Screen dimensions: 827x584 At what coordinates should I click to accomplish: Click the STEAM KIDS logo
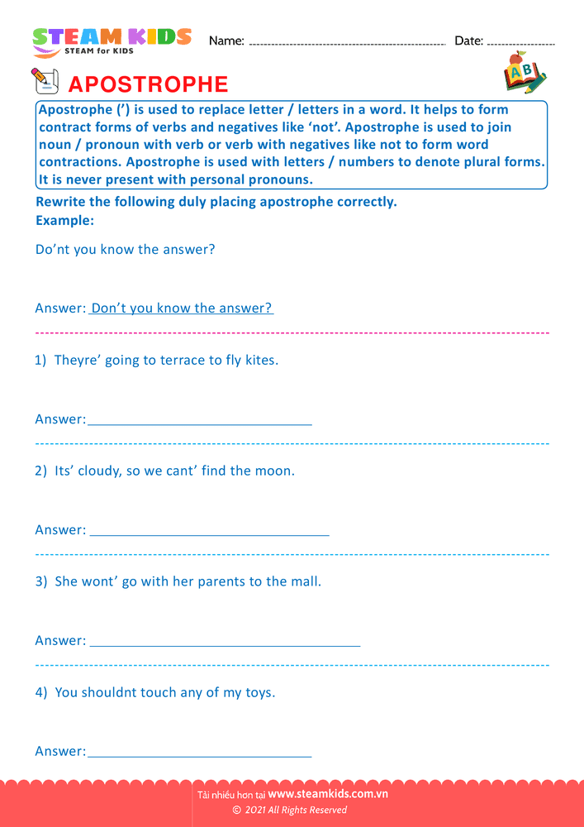111,41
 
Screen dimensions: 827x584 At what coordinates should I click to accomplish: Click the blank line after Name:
347,42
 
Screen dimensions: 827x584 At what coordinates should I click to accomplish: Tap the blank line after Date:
520,42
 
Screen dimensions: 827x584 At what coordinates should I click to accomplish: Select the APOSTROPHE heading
148,84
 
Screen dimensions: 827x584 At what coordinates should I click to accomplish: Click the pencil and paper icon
45,81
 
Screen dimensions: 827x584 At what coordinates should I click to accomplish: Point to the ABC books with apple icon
524,74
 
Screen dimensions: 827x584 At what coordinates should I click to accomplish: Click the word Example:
64,221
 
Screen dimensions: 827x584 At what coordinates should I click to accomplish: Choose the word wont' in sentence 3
99,581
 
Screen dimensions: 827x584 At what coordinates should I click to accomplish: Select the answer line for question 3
225,643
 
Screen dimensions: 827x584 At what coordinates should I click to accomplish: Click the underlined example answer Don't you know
181,308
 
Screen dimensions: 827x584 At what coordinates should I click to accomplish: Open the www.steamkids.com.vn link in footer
328,794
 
